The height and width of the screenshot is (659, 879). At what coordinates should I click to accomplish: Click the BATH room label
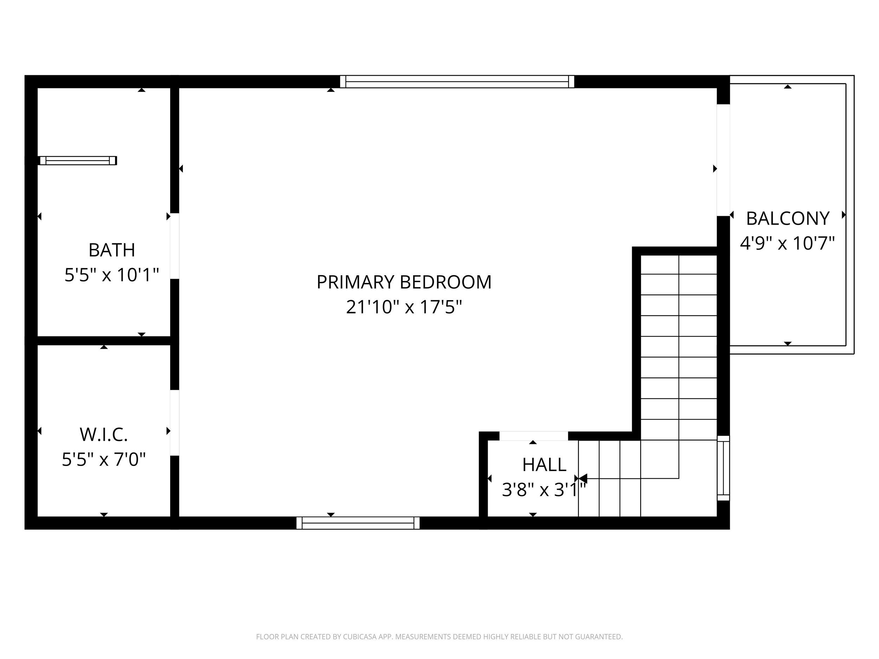[112, 250]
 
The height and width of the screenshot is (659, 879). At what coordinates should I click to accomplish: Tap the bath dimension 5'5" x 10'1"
[112, 274]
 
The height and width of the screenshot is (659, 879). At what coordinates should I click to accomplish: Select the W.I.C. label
[104, 434]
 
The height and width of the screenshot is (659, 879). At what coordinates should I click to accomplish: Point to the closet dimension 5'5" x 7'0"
[104, 459]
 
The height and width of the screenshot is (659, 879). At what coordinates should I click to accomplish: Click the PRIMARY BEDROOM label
[404, 282]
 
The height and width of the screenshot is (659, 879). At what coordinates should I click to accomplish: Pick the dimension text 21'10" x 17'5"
[404, 307]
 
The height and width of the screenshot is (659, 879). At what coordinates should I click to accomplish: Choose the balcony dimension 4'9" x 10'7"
[787, 243]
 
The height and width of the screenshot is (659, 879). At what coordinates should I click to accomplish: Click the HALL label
[544, 464]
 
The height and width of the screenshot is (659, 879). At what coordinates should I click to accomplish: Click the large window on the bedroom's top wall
[457, 82]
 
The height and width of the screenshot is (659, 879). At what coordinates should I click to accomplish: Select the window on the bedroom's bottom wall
[358, 523]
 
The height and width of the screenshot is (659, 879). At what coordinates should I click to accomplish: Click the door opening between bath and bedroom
[175, 246]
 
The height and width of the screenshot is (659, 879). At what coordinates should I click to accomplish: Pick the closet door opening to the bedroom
[175, 423]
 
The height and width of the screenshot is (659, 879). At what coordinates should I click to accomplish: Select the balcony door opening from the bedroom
[723, 160]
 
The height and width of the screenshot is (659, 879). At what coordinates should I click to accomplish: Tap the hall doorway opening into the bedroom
[533, 436]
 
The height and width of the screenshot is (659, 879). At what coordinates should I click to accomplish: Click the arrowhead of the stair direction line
[583, 478]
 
